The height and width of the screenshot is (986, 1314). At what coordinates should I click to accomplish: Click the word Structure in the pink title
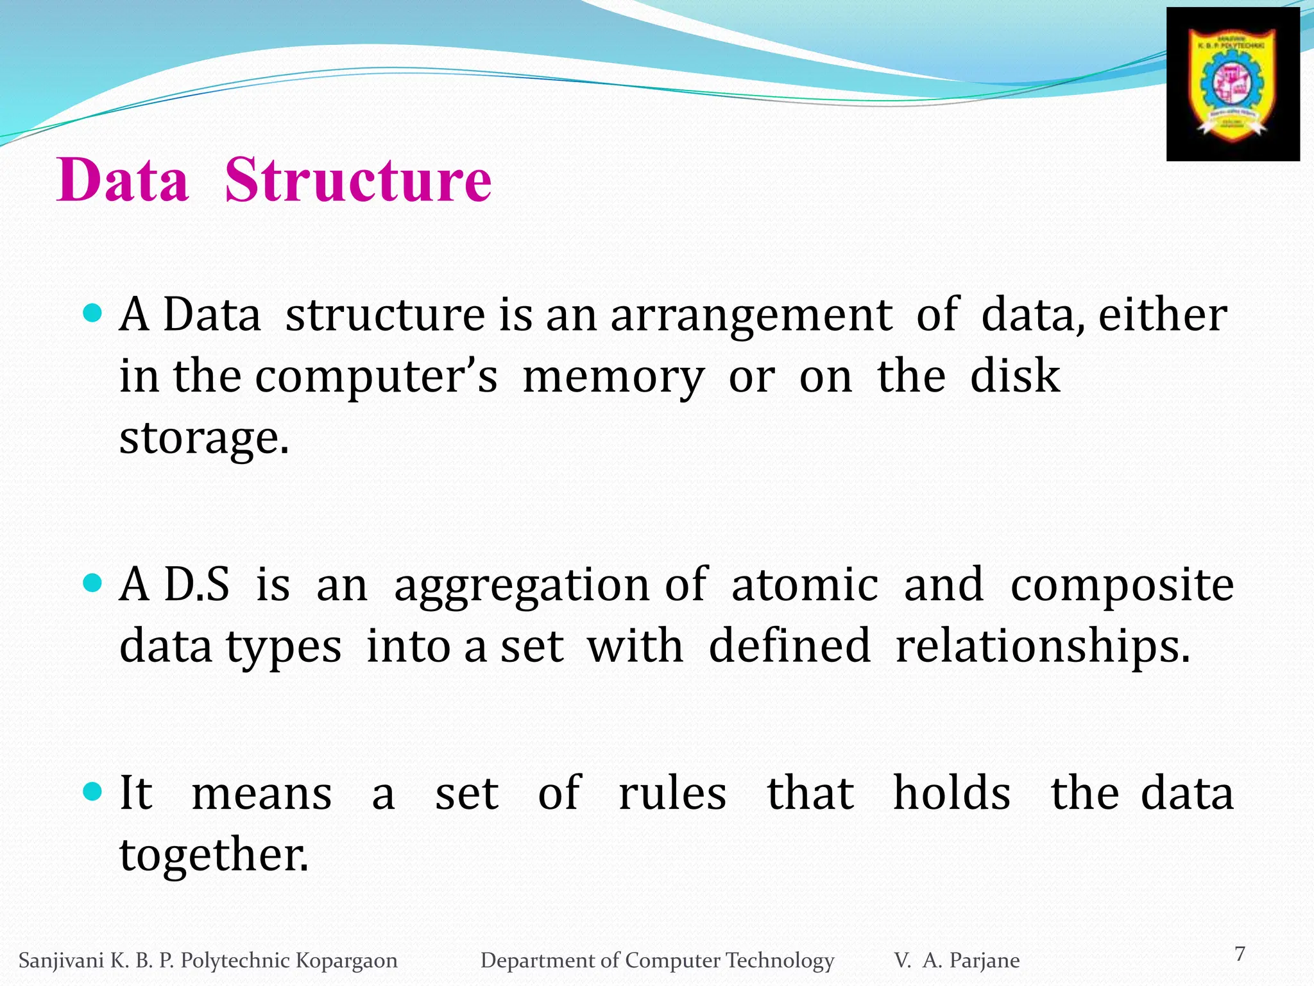coord(358,180)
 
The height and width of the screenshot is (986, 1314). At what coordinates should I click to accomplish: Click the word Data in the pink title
coord(123,180)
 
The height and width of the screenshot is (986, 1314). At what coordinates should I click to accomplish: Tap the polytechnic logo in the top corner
coord(1233,84)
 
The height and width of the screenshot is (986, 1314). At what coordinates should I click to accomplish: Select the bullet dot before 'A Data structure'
coord(93,314)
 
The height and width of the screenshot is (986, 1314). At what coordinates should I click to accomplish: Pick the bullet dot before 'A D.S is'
coord(93,584)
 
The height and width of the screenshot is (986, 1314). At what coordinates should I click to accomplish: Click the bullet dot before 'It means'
coord(93,791)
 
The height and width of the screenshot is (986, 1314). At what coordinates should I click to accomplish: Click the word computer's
coord(376,377)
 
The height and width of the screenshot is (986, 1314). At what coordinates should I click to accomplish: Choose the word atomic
coord(805,585)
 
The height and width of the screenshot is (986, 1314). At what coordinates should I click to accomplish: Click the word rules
coord(672,793)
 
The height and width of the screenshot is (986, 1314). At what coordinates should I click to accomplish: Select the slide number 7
coord(1240,954)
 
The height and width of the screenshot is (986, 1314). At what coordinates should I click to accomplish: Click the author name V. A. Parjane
coord(957,960)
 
